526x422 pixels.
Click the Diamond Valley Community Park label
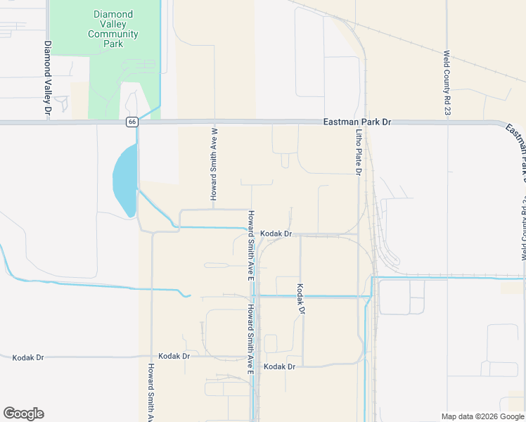(113, 28)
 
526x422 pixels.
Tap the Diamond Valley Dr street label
(48, 77)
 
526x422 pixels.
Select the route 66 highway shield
(132, 122)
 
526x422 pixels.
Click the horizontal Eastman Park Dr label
(357, 122)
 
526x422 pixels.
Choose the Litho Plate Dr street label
(358, 152)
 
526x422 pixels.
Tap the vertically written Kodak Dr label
(300, 299)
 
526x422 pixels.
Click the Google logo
(23, 414)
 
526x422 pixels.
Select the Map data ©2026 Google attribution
(482, 416)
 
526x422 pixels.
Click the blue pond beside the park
(124, 180)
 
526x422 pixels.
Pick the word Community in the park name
(113, 34)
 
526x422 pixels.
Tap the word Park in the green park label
(113, 44)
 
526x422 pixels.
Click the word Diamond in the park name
(113, 13)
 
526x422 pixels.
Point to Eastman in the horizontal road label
(340, 122)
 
